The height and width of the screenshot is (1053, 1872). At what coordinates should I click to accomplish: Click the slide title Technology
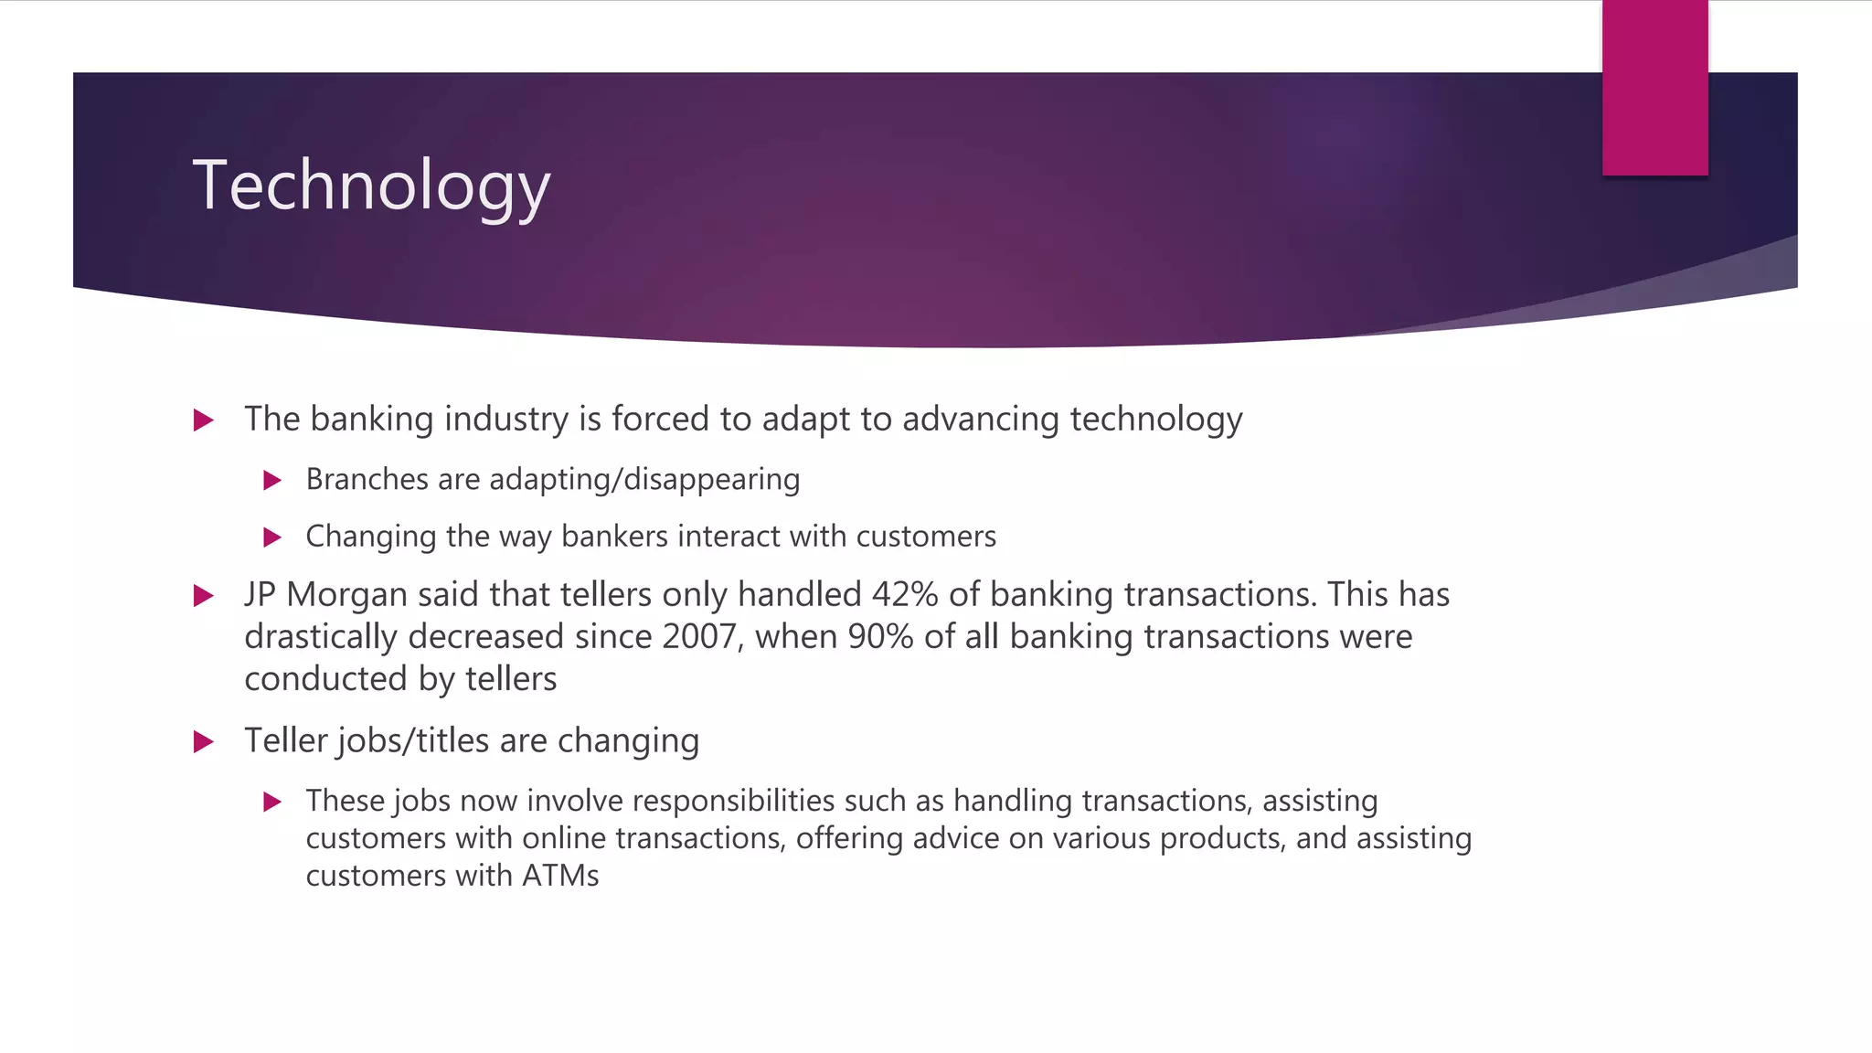[371, 186]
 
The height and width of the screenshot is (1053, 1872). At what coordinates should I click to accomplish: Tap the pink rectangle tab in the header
[1654, 88]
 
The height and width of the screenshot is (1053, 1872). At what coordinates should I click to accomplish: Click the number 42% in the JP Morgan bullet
[905, 595]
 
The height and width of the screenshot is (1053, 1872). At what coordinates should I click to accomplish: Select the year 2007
[699, 637]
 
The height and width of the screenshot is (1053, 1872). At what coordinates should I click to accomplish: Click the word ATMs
[560, 876]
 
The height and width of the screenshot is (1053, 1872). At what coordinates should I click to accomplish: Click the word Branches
[367, 479]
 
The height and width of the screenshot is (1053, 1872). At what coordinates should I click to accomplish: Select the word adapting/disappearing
[644, 480]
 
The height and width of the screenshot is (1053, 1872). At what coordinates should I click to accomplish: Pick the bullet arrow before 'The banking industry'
[204, 420]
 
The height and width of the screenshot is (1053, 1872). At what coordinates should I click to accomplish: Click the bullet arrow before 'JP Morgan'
[204, 596]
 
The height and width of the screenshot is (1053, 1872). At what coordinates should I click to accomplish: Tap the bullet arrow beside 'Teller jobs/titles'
[204, 741]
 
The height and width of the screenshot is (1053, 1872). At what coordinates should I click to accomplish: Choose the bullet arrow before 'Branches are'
[271, 480]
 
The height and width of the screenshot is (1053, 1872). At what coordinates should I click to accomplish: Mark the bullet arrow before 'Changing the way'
[271, 537]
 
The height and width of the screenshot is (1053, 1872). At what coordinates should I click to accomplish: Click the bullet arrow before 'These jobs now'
[271, 802]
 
